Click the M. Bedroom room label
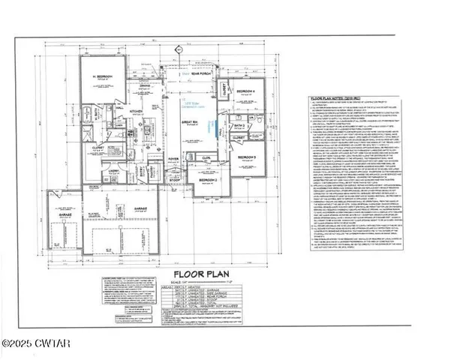coord(102,77)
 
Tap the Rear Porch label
coord(200,73)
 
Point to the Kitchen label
coord(136,109)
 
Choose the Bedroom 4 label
coord(245,90)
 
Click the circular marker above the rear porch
coord(179,50)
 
